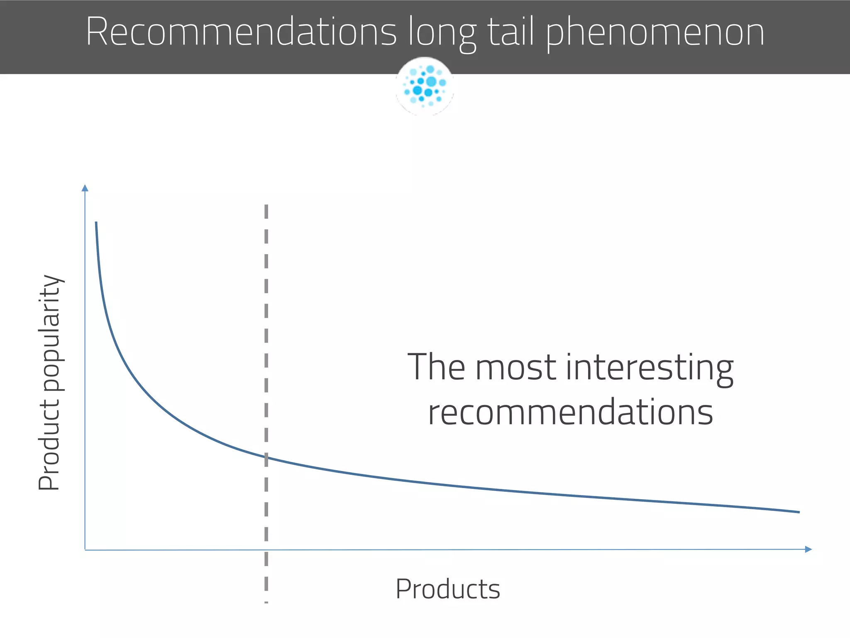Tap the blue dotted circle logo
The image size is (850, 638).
coord(425,86)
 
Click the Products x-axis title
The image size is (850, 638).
coord(448,589)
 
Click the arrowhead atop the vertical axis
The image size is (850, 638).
coord(85,188)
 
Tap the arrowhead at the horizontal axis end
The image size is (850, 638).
coord(808,549)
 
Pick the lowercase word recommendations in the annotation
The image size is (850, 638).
coord(570,412)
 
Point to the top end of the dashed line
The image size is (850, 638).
coord(266,206)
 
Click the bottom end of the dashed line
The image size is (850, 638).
coord(266,601)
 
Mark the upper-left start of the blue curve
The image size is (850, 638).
coord(96,223)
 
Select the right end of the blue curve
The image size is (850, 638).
coord(799,512)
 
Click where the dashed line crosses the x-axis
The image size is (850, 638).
coord(266,550)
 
